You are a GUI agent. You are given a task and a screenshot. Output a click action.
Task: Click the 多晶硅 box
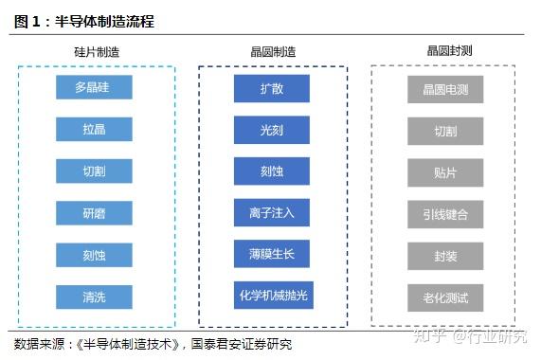pyautogui.click(x=94, y=87)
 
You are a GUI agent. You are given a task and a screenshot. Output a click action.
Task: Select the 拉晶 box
pyautogui.click(x=94, y=129)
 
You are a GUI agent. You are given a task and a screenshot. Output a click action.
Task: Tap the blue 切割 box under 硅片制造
pyautogui.click(x=94, y=171)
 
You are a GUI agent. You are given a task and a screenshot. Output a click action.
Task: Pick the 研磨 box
pyautogui.click(x=94, y=213)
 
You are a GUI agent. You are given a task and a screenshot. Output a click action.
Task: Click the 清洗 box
pyautogui.click(x=94, y=297)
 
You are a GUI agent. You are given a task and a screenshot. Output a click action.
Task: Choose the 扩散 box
pyautogui.click(x=272, y=89)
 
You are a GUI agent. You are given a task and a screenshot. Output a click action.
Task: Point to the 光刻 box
pyautogui.click(x=272, y=130)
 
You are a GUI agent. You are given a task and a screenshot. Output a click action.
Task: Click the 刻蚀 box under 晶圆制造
pyautogui.click(x=272, y=171)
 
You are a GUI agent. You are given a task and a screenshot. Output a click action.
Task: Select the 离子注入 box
pyautogui.click(x=272, y=213)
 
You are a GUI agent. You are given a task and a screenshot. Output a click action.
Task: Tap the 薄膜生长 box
pyautogui.click(x=272, y=254)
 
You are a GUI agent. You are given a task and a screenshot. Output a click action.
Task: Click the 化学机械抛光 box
pyautogui.click(x=274, y=296)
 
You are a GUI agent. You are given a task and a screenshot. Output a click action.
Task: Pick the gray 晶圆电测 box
pyautogui.click(x=445, y=90)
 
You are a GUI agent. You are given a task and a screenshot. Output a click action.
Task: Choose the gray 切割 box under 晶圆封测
pyautogui.click(x=445, y=131)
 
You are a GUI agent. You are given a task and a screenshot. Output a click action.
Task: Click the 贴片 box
pyautogui.click(x=445, y=172)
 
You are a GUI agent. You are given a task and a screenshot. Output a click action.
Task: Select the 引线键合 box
pyautogui.click(x=445, y=214)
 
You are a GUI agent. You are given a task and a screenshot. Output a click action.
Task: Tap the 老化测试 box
pyautogui.click(x=445, y=297)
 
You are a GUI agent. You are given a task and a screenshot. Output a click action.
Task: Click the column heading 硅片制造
pyautogui.click(x=97, y=52)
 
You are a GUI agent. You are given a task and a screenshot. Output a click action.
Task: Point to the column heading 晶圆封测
pyautogui.click(x=449, y=51)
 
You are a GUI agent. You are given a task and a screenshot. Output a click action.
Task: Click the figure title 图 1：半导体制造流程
pyautogui.click(x=84, y=22)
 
